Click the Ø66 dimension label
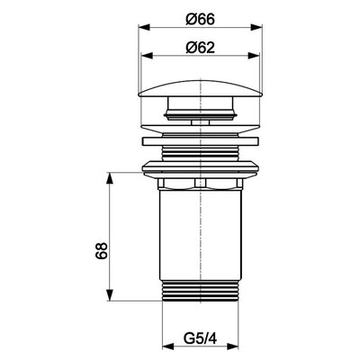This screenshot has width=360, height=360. tap(200, 20)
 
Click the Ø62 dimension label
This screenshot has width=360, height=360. tap(200, 48)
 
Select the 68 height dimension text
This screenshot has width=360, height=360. tap(102, 250)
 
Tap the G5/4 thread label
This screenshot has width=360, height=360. tap(200, 339)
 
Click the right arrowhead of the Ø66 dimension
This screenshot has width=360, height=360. tap(256, 28)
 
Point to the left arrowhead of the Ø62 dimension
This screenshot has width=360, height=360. tap(147, 56)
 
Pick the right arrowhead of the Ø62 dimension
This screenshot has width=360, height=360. tap(254, 56)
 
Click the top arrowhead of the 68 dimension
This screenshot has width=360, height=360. tap(111, 178)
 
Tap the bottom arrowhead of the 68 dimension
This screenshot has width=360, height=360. tap(111, 294)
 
